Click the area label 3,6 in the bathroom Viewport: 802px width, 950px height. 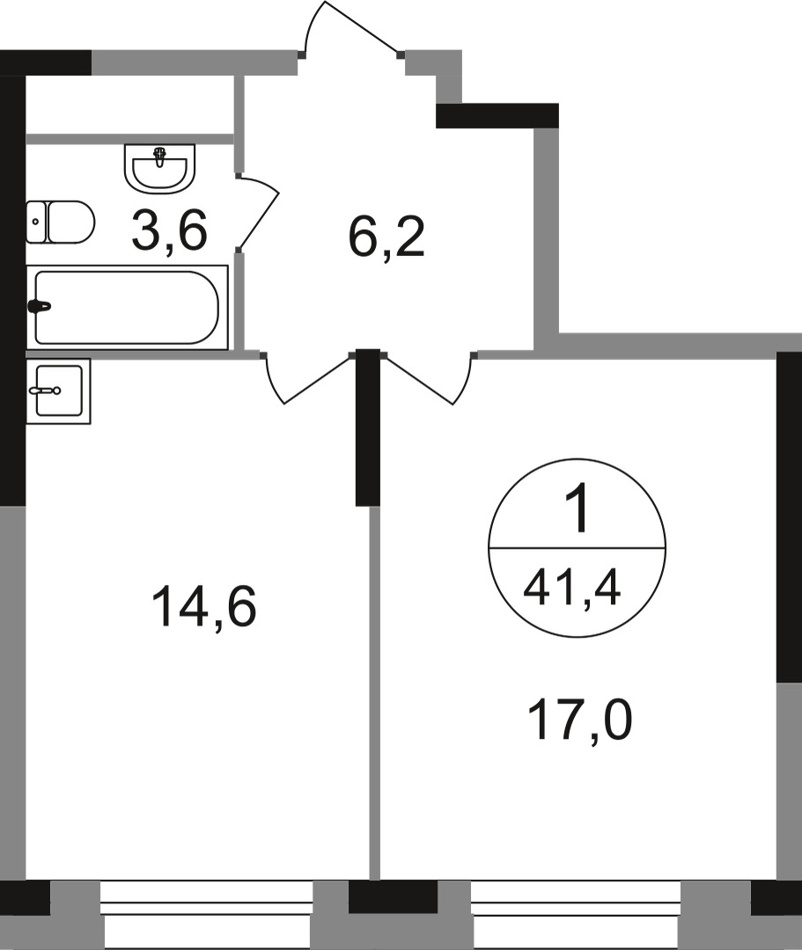click(168, 231)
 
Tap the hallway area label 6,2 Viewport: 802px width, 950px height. click(386, 237)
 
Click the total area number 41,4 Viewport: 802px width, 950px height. click(572, 584)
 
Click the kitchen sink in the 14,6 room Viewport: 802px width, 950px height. click(58, 391)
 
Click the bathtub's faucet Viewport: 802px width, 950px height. click(40, 307)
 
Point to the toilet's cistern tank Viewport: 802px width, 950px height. click(35, 223)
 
